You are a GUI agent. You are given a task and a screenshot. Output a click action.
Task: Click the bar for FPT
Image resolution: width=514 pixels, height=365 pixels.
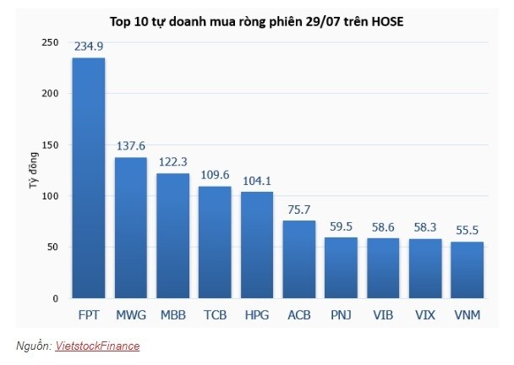(x=88, y=178)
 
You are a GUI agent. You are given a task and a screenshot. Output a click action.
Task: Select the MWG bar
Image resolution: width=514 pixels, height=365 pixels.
(x=130, y=228)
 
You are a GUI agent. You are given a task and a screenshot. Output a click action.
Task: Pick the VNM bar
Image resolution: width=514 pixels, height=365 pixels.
(x=468, y=270)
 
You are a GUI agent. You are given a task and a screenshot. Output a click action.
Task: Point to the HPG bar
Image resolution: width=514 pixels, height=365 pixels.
(x=257, y=245)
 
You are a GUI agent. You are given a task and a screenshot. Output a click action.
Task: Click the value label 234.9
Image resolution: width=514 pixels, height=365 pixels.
(x=88, y=47)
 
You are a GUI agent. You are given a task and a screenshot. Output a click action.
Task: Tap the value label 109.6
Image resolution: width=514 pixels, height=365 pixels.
(x=215, y=175)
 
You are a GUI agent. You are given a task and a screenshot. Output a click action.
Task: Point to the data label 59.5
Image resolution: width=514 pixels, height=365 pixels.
(x=342, y=226)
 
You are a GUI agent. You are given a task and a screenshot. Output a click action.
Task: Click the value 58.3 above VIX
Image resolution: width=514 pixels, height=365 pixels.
(x=425, y=228)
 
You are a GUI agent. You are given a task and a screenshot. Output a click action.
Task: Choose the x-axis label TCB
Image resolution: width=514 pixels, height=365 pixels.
(x=215, y=316)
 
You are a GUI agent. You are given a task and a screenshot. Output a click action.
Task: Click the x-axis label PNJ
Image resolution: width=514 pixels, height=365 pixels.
(x=342, y=316)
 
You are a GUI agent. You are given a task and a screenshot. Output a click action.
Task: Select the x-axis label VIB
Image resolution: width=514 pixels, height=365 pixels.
(x=384, y=316)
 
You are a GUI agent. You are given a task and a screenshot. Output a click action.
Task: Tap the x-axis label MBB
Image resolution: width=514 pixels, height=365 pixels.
(x=172, y=316)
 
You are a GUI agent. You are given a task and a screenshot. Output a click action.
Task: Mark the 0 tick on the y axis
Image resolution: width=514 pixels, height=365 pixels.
(x=55, y=298)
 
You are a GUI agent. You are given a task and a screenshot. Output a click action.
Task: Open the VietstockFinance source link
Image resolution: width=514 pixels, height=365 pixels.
(x=97, y=346)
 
